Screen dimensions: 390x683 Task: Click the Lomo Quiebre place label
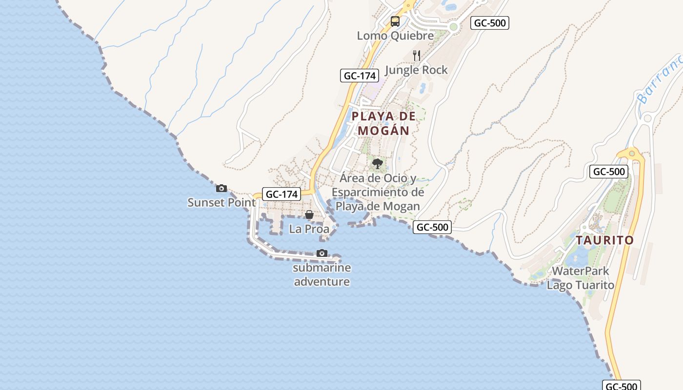395,36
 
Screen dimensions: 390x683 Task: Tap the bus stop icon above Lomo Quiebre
395,21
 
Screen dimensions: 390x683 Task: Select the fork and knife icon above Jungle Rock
416,55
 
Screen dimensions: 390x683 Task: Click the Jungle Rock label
416,70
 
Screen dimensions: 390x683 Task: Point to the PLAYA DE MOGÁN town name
384,123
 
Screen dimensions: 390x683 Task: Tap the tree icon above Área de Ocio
377,163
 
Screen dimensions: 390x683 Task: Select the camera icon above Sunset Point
221,188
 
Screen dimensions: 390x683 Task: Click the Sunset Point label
221,202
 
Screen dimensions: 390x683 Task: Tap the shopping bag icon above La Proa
309,214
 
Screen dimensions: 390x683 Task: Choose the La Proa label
309,229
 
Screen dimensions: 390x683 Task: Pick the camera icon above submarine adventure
322,253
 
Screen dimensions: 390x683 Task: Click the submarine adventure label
322,274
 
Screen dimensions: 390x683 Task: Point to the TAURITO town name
604,240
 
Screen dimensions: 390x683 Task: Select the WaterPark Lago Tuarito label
581,278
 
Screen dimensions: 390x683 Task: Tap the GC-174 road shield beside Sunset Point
281,194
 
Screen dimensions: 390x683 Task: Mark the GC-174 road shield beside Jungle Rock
360,76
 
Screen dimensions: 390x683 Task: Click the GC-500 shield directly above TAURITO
608,172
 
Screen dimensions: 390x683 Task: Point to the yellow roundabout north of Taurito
632,154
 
